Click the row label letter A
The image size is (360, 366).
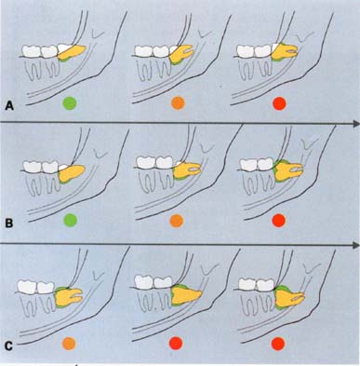9,106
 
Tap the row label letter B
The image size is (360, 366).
9,224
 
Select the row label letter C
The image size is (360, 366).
9,346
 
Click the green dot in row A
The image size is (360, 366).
70,103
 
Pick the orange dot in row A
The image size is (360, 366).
178,103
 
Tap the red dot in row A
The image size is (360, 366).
279,103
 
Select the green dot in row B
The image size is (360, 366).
70,220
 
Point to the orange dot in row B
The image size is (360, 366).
177,221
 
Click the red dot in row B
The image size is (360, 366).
278,221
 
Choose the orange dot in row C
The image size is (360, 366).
69,344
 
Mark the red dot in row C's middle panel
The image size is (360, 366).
176,344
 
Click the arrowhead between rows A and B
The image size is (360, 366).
355,124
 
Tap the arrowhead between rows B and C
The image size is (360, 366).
355,245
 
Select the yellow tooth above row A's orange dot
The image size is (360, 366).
181,54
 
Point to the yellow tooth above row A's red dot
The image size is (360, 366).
285,51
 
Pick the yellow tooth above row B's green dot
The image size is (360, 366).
72,173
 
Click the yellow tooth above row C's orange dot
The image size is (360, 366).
69,297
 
